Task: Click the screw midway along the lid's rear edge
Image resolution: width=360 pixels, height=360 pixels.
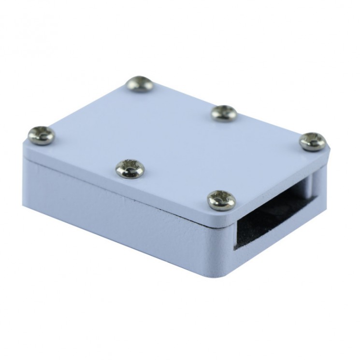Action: pos(223,113)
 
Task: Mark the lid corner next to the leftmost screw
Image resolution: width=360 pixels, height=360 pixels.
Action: pos(24,140)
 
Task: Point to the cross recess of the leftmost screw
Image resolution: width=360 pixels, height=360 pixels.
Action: pos(40,135)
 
